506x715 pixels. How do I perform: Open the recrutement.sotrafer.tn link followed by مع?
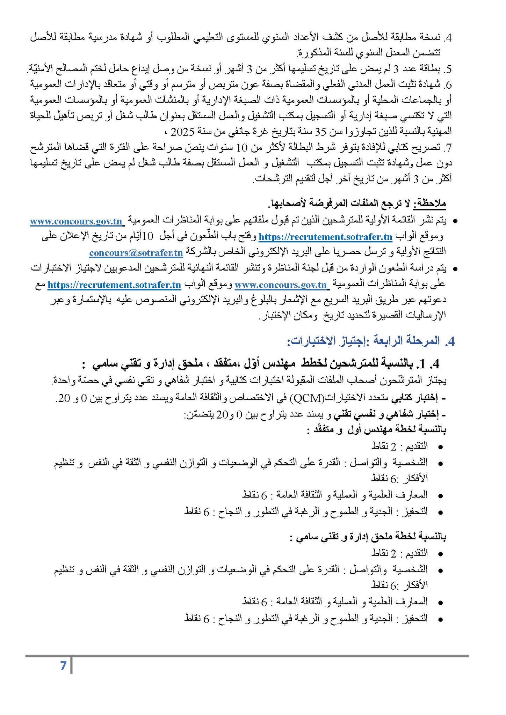click(x=114, y=285)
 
